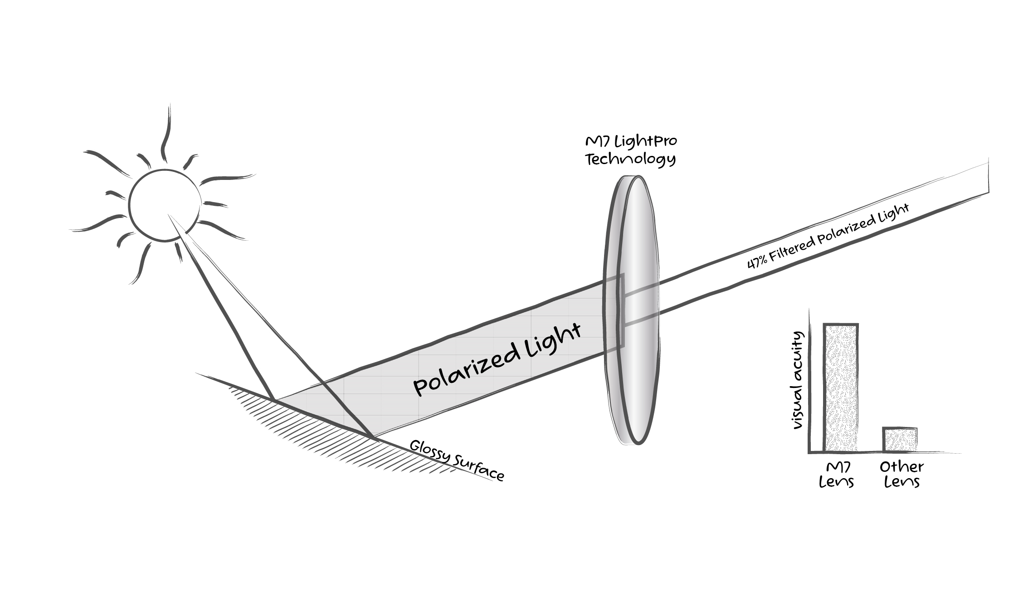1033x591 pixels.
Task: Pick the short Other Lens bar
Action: [x=900, y=439]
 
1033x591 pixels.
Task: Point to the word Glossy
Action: [x=429, y=451]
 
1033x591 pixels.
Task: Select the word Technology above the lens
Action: [x=630, y=160]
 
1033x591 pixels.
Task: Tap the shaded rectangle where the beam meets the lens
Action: [x=614, y=313]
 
